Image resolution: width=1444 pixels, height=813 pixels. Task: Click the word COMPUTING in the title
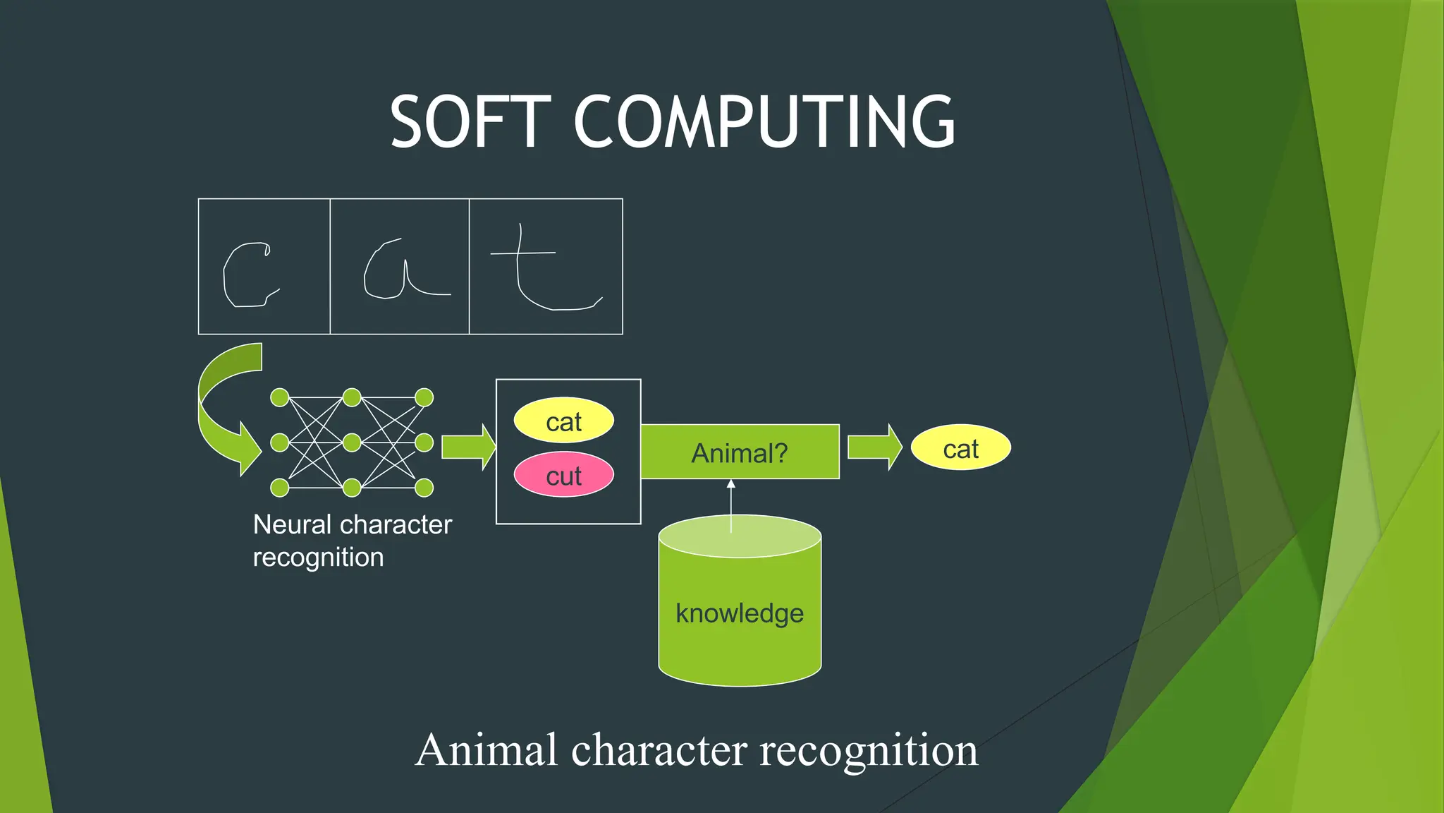click(764, 123)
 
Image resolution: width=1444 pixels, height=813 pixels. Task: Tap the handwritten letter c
click(247, 275)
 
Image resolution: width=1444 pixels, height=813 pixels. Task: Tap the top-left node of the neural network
click(280, 398)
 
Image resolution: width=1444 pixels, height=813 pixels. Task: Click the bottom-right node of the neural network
click(424, 487)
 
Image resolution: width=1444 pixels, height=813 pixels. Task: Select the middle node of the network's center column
click(352, 442)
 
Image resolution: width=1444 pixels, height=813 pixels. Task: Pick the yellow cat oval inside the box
click(563, 421)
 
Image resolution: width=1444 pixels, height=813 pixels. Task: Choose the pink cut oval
click(563, 475)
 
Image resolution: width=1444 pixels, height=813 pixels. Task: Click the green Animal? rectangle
click(740, 452)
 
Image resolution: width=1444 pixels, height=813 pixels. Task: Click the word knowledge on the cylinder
click(739, 613)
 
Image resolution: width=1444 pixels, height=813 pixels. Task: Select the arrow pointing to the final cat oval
click(874, 447)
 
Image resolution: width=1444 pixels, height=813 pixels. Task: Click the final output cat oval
click(960, 447)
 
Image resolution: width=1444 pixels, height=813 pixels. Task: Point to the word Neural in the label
click(292, 525)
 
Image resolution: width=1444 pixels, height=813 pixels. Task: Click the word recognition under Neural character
click(318, 558)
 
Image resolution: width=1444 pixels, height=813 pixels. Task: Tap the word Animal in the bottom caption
click(487, 749)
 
